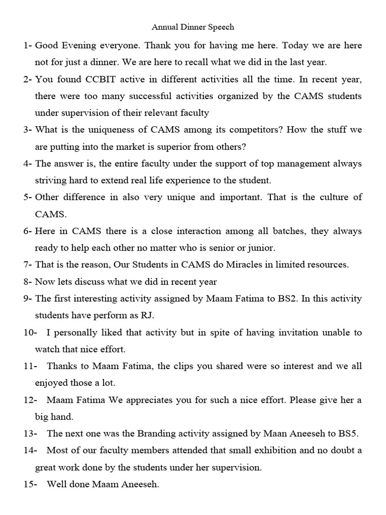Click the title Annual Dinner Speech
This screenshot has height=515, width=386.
[193, 26]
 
